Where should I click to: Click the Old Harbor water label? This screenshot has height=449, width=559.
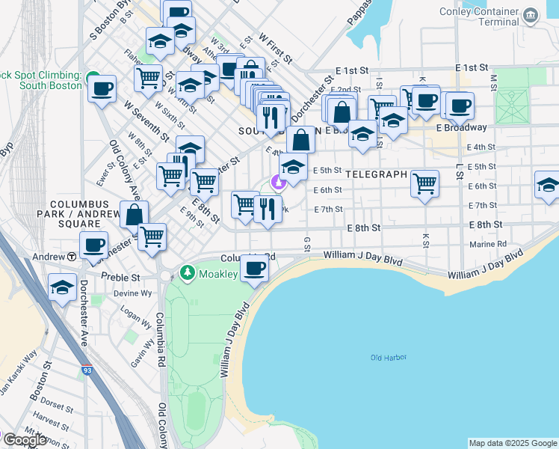coord(388,358)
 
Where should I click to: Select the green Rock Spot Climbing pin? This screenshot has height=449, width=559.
coord(93,76)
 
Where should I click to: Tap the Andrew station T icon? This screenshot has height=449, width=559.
coord(71,256)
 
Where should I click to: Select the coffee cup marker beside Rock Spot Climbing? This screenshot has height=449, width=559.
coord(102,88)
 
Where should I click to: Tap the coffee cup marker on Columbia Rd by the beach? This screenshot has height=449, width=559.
coord(255,268)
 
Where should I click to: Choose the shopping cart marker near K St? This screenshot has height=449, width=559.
coord(424,182)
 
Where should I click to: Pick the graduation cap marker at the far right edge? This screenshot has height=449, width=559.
coord(548,184)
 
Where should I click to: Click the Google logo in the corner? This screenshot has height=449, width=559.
coord(25,440)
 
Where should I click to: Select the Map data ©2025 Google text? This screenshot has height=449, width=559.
coord(512,443)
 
